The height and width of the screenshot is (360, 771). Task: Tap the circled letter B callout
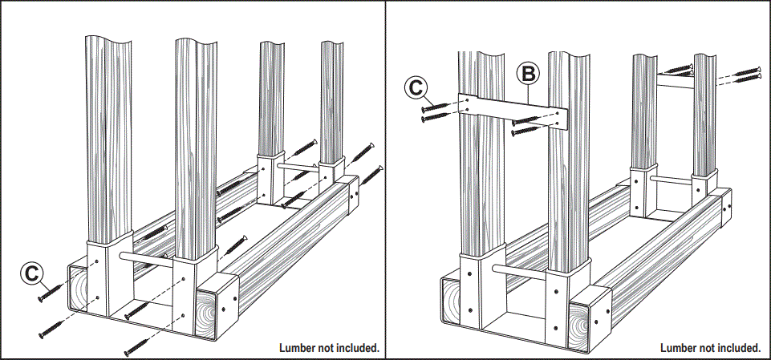click(527, 75)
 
